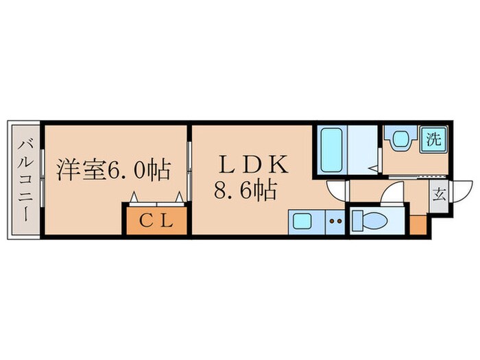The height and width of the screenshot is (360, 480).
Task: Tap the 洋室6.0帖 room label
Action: coord(113,169)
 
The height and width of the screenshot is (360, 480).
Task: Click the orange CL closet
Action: coord(156,221)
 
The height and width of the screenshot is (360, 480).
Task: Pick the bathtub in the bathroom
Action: coord(332,151)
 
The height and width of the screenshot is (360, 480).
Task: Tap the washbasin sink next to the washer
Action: coord(400,139)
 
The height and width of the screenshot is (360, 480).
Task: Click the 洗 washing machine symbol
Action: coord(433,139)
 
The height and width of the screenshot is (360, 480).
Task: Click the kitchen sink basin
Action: coord(302,221)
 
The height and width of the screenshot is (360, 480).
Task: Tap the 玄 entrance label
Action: coord(438,195)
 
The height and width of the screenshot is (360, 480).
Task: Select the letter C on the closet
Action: coord(146,221)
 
